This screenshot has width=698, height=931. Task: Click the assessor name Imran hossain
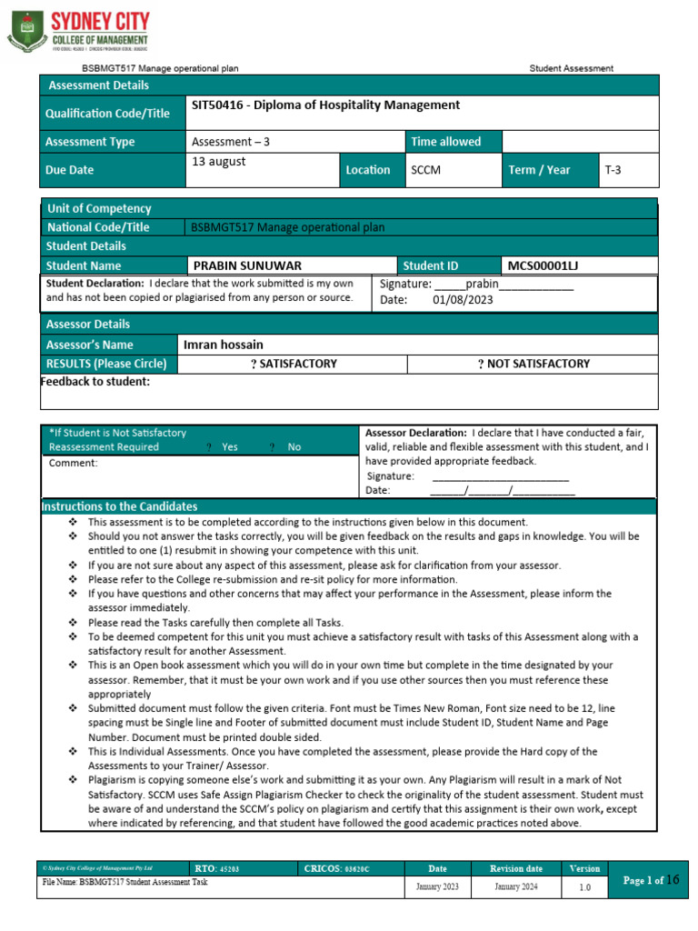coord(224,345)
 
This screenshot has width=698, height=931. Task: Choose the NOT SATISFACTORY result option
coord(533,364)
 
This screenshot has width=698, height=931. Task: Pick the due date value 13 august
coord(218,162)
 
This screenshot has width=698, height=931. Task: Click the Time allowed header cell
coord(445,142)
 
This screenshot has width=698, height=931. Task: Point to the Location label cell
coord(368,170)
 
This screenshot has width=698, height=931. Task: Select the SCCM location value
coord(425,170)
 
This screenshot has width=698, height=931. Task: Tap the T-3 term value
coord(613,170)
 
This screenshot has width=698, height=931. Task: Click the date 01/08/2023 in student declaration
coord(463,300)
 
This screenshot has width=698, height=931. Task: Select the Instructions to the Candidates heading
coord(120,506)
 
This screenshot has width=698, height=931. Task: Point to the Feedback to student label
coord(95,381)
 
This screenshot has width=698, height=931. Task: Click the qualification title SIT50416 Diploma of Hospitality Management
coord(325,105)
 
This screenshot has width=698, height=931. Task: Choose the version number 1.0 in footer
coord(584,887)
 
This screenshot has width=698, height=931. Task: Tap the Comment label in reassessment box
coord(73,463)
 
